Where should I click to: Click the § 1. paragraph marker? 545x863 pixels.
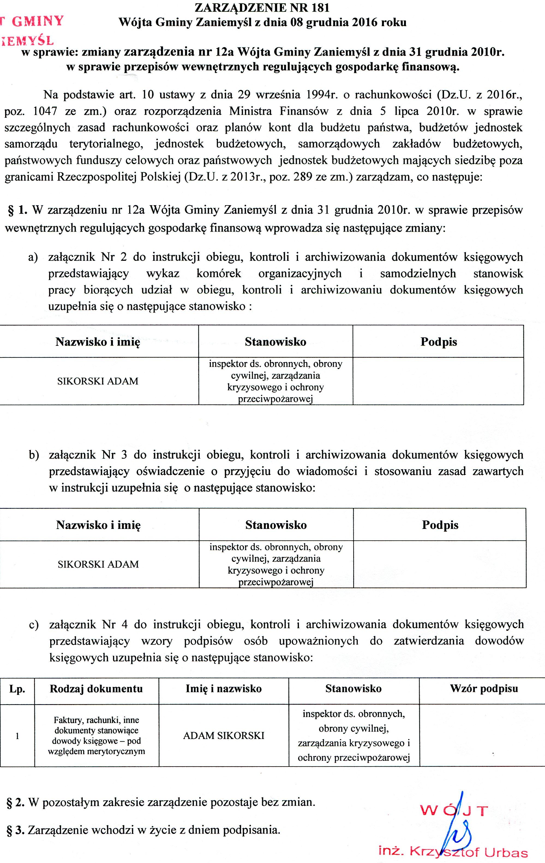pyautogui.click(x=17, y=210)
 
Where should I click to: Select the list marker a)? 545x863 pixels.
pyautogui.click(x=33, y=257)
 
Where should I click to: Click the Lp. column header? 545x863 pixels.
pyautogui.click(x=17, y=688)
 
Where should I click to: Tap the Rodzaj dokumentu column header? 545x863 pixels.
pyautogui.click(x=96, y=688)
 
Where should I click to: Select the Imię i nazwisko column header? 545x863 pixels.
pyautogui.click(x=223, y=688)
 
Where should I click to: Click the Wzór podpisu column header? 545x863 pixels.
pyautogui.click(x=484, y=688)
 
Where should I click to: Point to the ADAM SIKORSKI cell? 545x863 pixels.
pyautogui.click(x=223, y=736)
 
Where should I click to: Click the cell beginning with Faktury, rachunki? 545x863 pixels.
pyautogui.click(x=96, y=736)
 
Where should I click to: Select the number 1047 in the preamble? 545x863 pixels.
pyautogui.click(x=45, y=111)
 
